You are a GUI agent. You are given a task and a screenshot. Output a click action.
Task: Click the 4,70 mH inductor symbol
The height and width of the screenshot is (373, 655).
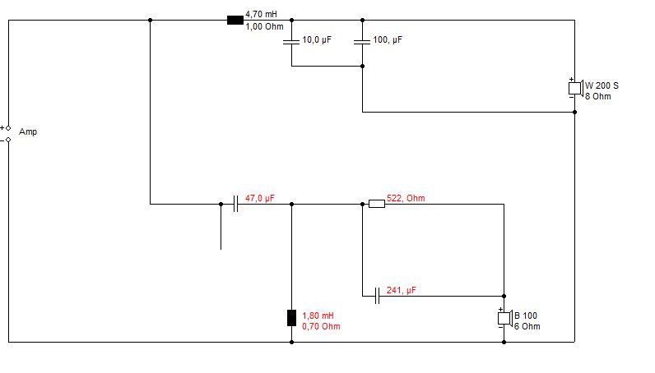tap(235, 20)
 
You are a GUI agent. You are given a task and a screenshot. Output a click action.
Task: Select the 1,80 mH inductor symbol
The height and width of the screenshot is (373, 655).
tap(291, 318)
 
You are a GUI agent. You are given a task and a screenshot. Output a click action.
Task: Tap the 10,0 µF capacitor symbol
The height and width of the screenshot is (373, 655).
tap(291, 41)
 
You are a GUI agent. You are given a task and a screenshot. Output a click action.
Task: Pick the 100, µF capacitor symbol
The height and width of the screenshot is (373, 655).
tap(362, 41)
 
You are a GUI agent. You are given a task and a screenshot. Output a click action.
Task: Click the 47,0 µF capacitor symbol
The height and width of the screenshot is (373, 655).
tap(235, 204)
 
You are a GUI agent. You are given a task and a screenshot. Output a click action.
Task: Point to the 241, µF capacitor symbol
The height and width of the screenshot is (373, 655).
tap(377, 296)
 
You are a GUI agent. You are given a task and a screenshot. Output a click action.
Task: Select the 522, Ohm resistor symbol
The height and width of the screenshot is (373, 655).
tap(377, 204)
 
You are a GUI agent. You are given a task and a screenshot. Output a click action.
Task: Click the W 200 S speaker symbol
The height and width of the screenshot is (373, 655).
tap(576, 88)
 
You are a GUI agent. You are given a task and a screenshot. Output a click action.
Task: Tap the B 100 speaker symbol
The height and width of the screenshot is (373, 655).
tap(505, 318)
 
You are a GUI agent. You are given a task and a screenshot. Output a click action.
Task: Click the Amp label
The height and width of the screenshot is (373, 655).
tap(28, 131)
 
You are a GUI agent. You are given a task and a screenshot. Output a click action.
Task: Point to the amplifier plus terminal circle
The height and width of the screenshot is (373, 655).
tap(8, 128)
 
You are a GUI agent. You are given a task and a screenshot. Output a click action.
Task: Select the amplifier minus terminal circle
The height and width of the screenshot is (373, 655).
tap(8, 140)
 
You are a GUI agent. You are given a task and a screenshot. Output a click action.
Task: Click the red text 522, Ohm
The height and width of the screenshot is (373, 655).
tap(406, 198)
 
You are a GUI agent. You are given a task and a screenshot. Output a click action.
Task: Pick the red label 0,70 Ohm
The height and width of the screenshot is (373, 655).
tap(321, 326)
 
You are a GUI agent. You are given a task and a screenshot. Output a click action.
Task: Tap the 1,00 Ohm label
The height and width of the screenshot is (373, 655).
tap(264, 27)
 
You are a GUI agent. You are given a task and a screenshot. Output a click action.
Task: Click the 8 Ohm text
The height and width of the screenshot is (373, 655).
tap(597, 96)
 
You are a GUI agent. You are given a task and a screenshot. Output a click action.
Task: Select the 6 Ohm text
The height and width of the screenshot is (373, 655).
tap(527, 326)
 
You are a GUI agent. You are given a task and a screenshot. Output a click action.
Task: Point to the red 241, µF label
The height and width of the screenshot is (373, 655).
tap(401, 290)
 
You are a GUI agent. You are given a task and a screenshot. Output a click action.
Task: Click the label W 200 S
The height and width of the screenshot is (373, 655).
tap(602, 85)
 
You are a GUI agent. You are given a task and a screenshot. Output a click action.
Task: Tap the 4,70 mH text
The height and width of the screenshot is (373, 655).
tap(261, 14)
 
